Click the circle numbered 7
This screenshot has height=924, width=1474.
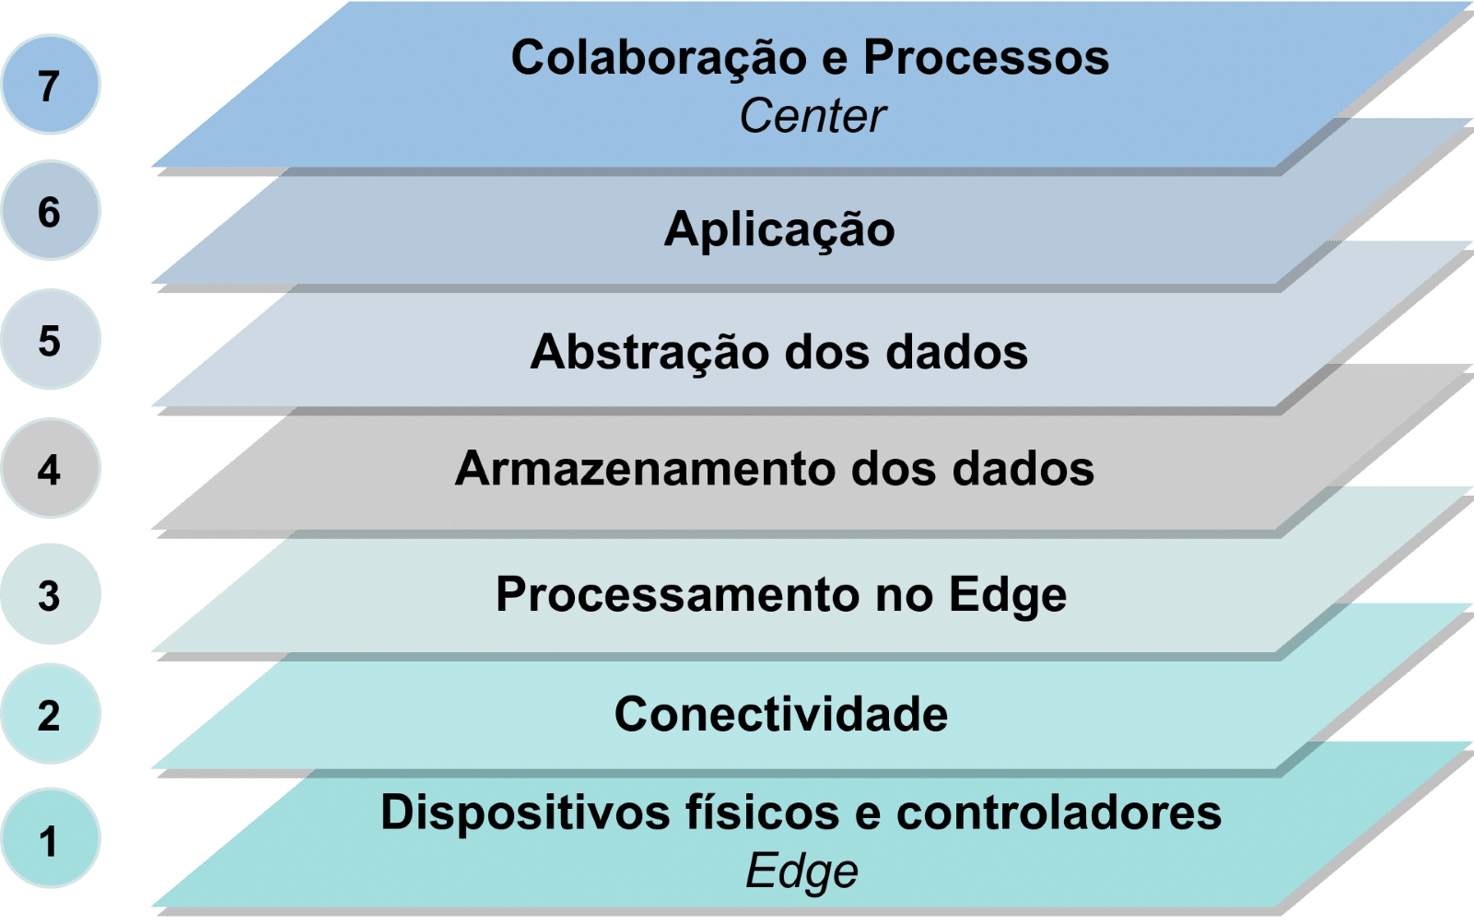point(50,85)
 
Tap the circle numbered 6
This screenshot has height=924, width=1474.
point(50,211)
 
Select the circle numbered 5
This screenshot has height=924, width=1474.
point(50,340)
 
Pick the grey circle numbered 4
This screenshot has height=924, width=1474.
point(50,469)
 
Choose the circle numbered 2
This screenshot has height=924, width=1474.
point(50,714)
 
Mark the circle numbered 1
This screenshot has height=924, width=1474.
point(50,839)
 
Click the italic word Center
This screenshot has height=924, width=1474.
point(812,116)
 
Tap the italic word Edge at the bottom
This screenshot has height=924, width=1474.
point(801,871)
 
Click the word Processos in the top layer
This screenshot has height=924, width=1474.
point(986,58)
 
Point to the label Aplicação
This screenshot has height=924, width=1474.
point(779,229)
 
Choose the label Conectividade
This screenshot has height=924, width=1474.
point(781,714)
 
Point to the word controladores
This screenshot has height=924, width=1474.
point(1059,813)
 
